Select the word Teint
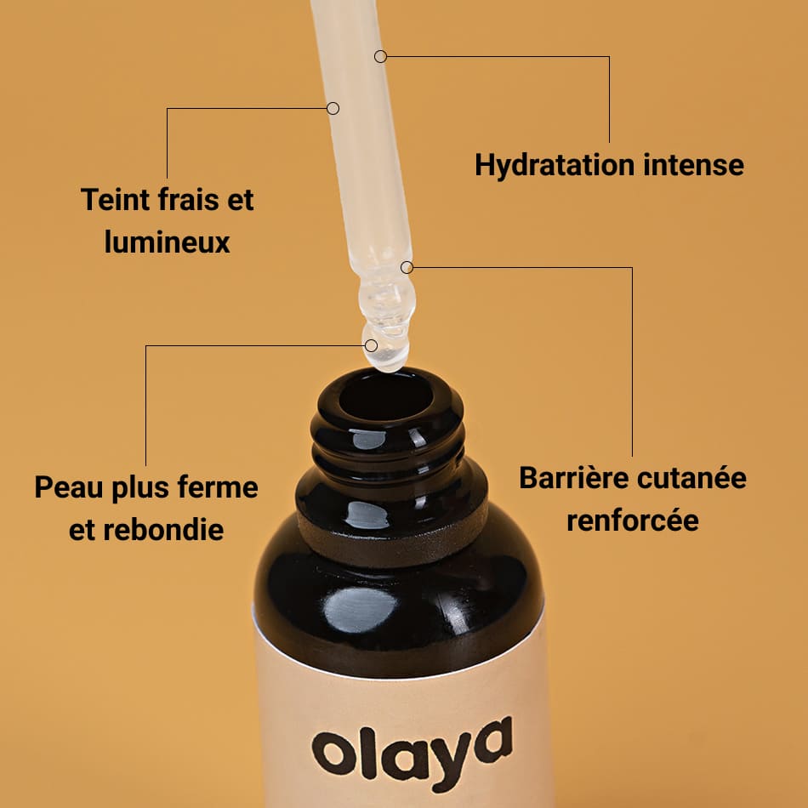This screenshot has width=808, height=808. coord(116,201)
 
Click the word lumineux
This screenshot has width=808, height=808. coord(168,242)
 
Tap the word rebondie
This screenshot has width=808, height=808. coord(162,529)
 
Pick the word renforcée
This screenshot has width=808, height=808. coord(633,519)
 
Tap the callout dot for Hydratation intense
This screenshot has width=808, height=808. coord(380,56)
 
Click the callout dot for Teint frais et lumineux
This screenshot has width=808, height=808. coord(333,108)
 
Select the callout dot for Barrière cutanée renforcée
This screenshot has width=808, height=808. coord(407,267)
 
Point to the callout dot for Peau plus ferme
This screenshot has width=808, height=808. coord(371,345)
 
